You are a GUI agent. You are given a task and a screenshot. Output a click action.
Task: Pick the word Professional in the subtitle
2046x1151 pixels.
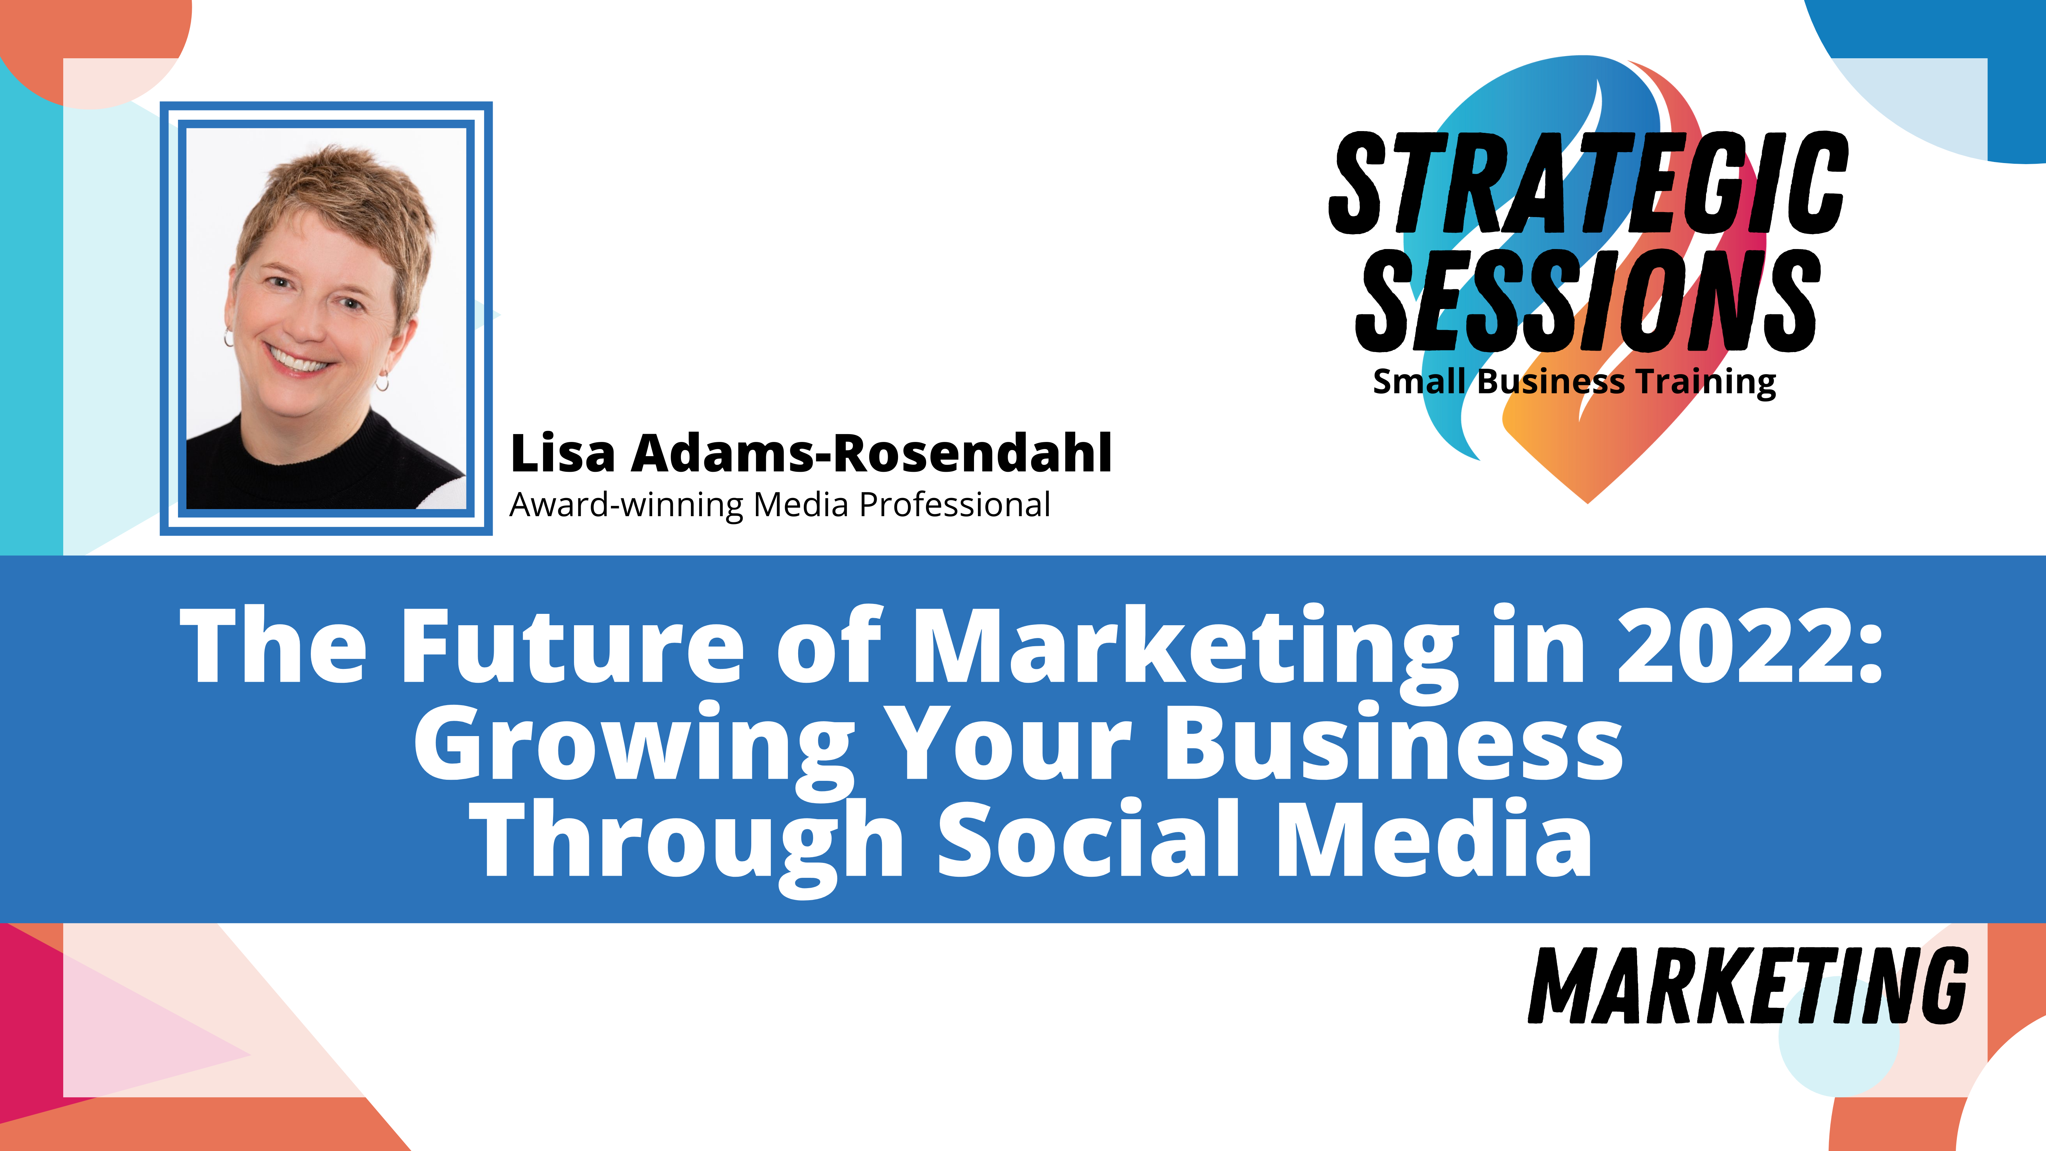pyautogui.click(x=955, y=504)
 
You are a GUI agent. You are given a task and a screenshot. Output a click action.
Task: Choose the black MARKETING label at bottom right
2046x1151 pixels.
pyautogui.click(x=1747, y=985)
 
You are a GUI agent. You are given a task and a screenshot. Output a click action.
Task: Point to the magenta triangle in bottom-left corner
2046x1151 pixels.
pyautogui.click(x=32, y=1025)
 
